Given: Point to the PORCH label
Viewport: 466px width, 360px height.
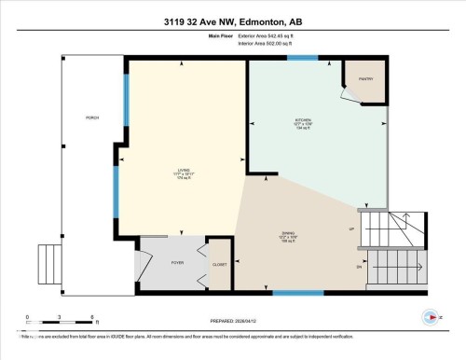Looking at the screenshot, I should tap(91, 118).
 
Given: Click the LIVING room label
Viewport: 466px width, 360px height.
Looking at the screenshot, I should tap(183, 170).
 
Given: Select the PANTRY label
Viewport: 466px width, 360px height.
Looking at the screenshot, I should tap(365, 78).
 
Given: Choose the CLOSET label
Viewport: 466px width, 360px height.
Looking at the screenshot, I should tap(219, 264).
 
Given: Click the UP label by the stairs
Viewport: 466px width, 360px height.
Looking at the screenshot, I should tap(351, 228).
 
